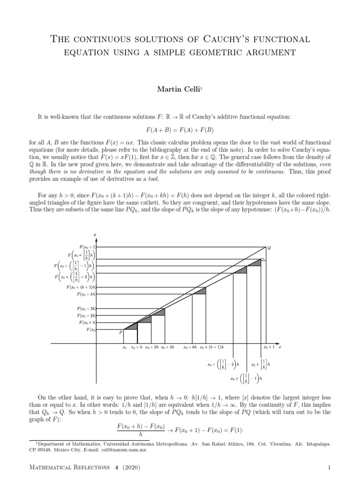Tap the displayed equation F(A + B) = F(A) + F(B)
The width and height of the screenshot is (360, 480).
point(180,129)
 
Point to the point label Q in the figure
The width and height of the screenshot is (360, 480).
point(269,247)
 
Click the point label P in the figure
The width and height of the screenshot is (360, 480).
point(121,332)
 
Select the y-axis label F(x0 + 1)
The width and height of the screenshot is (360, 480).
point(88,246)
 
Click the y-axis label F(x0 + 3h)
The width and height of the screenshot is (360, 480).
point(87,308)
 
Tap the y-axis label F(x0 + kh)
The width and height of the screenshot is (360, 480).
point(87,294)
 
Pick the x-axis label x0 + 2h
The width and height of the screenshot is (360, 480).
point(152,348)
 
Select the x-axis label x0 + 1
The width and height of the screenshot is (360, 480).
point(268,348)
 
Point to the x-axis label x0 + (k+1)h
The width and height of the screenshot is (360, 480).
point(212,348)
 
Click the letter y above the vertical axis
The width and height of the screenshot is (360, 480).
point(95,234)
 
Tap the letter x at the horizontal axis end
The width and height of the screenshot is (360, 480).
point(280,347)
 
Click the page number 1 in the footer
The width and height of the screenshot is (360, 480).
point(330,467)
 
